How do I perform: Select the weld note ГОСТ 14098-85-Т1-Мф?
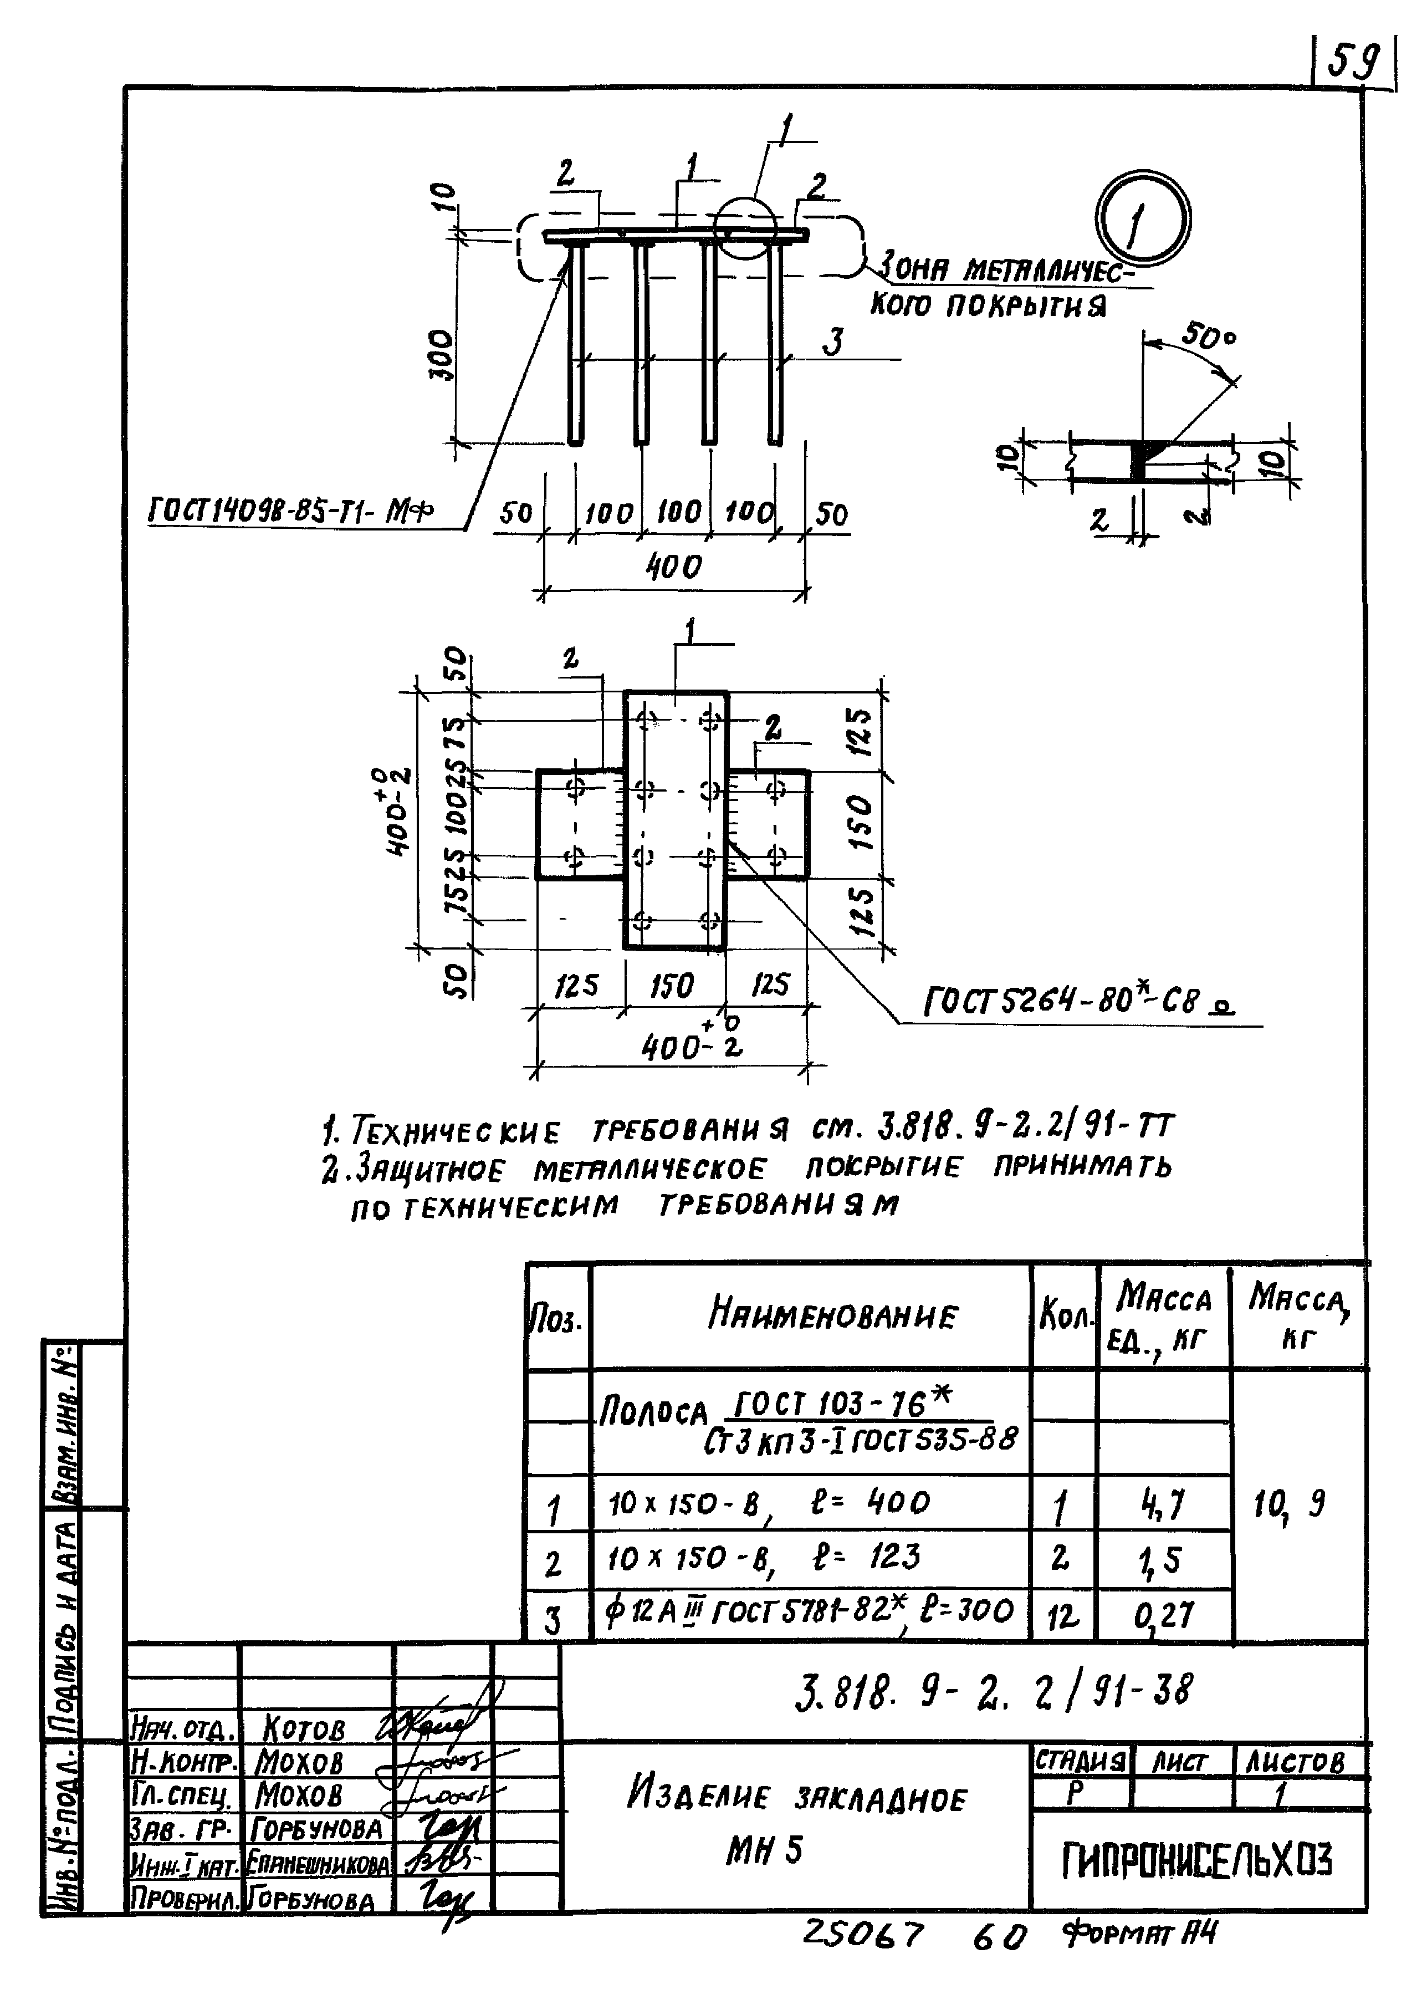pyautogui.click(x=293, y=510)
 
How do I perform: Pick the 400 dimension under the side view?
pyautogui.click(x=674, y=567)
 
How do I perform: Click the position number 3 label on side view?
pyautogui.click(x=832, y=341)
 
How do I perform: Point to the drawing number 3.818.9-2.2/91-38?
pyautogui.click(x=994, y=1690)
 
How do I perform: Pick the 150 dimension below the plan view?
pyautogui.click(x=671, y=986)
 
